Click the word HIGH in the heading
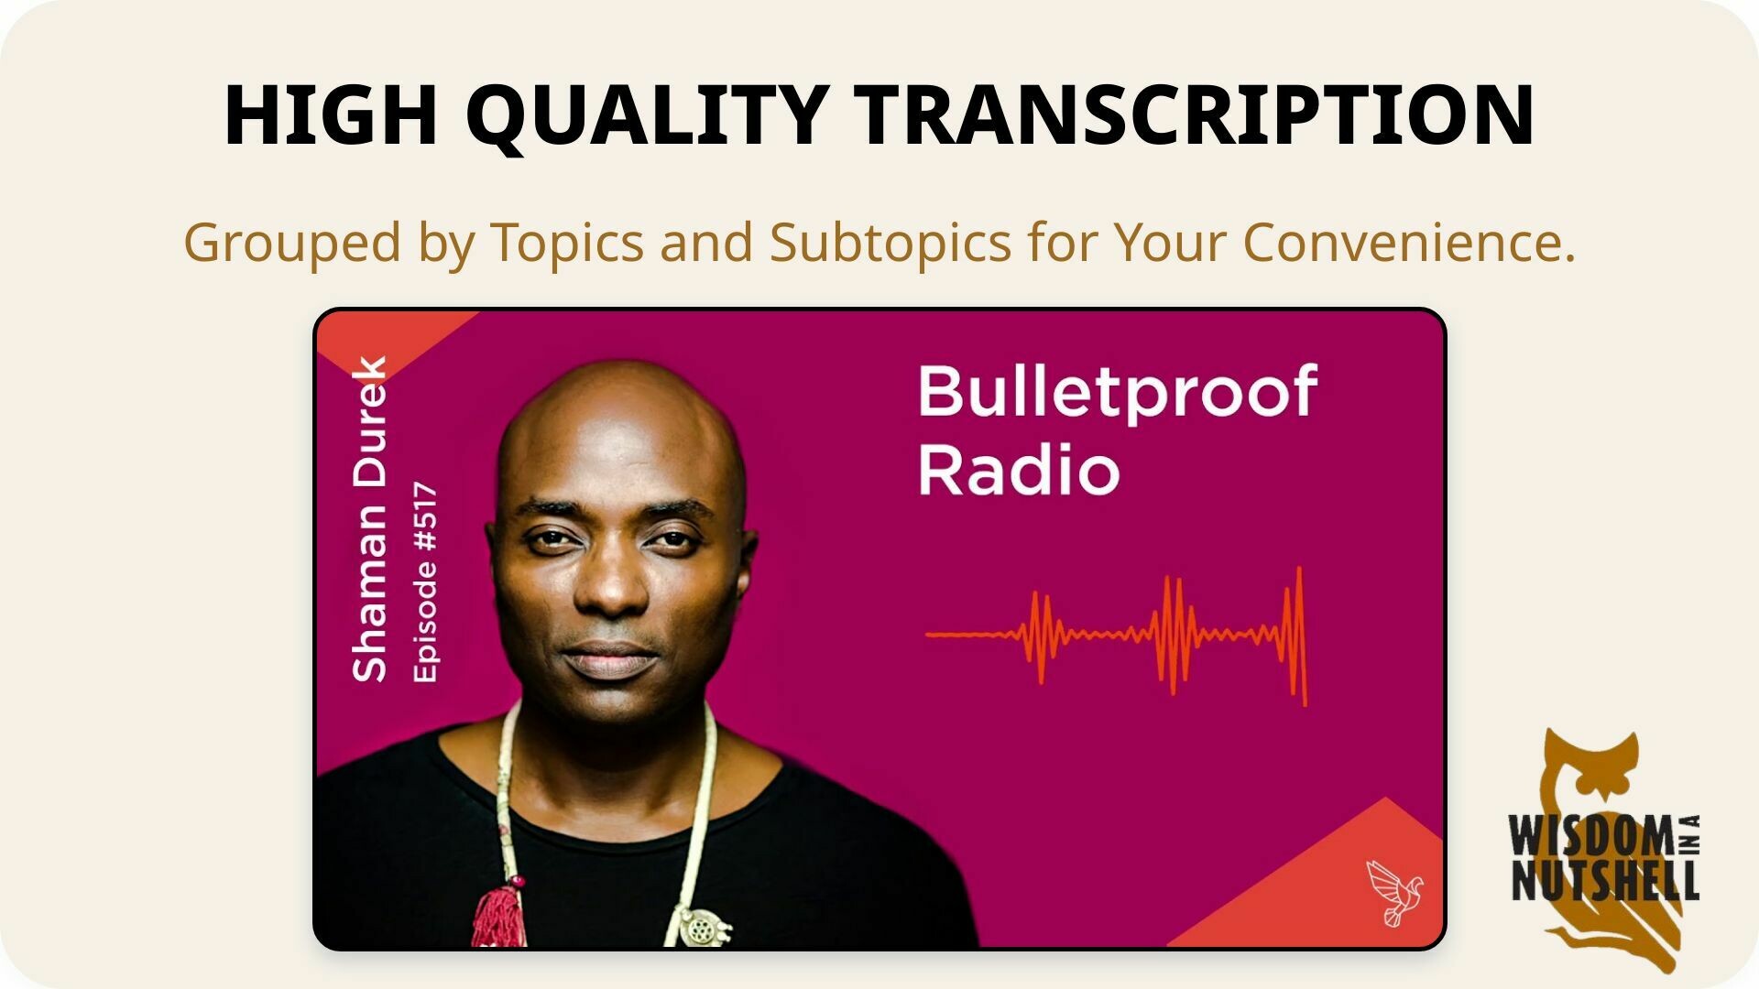point(331,114)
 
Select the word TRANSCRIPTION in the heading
point(1196,114)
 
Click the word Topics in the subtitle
point(567,243)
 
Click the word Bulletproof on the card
point(1118,393)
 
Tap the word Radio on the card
point(1019,471)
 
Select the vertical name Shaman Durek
point(370,519)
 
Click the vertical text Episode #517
point(425,582)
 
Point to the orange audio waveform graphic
point(1116,636)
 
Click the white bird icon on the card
point(1394,891)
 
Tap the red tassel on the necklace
point(499,912)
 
